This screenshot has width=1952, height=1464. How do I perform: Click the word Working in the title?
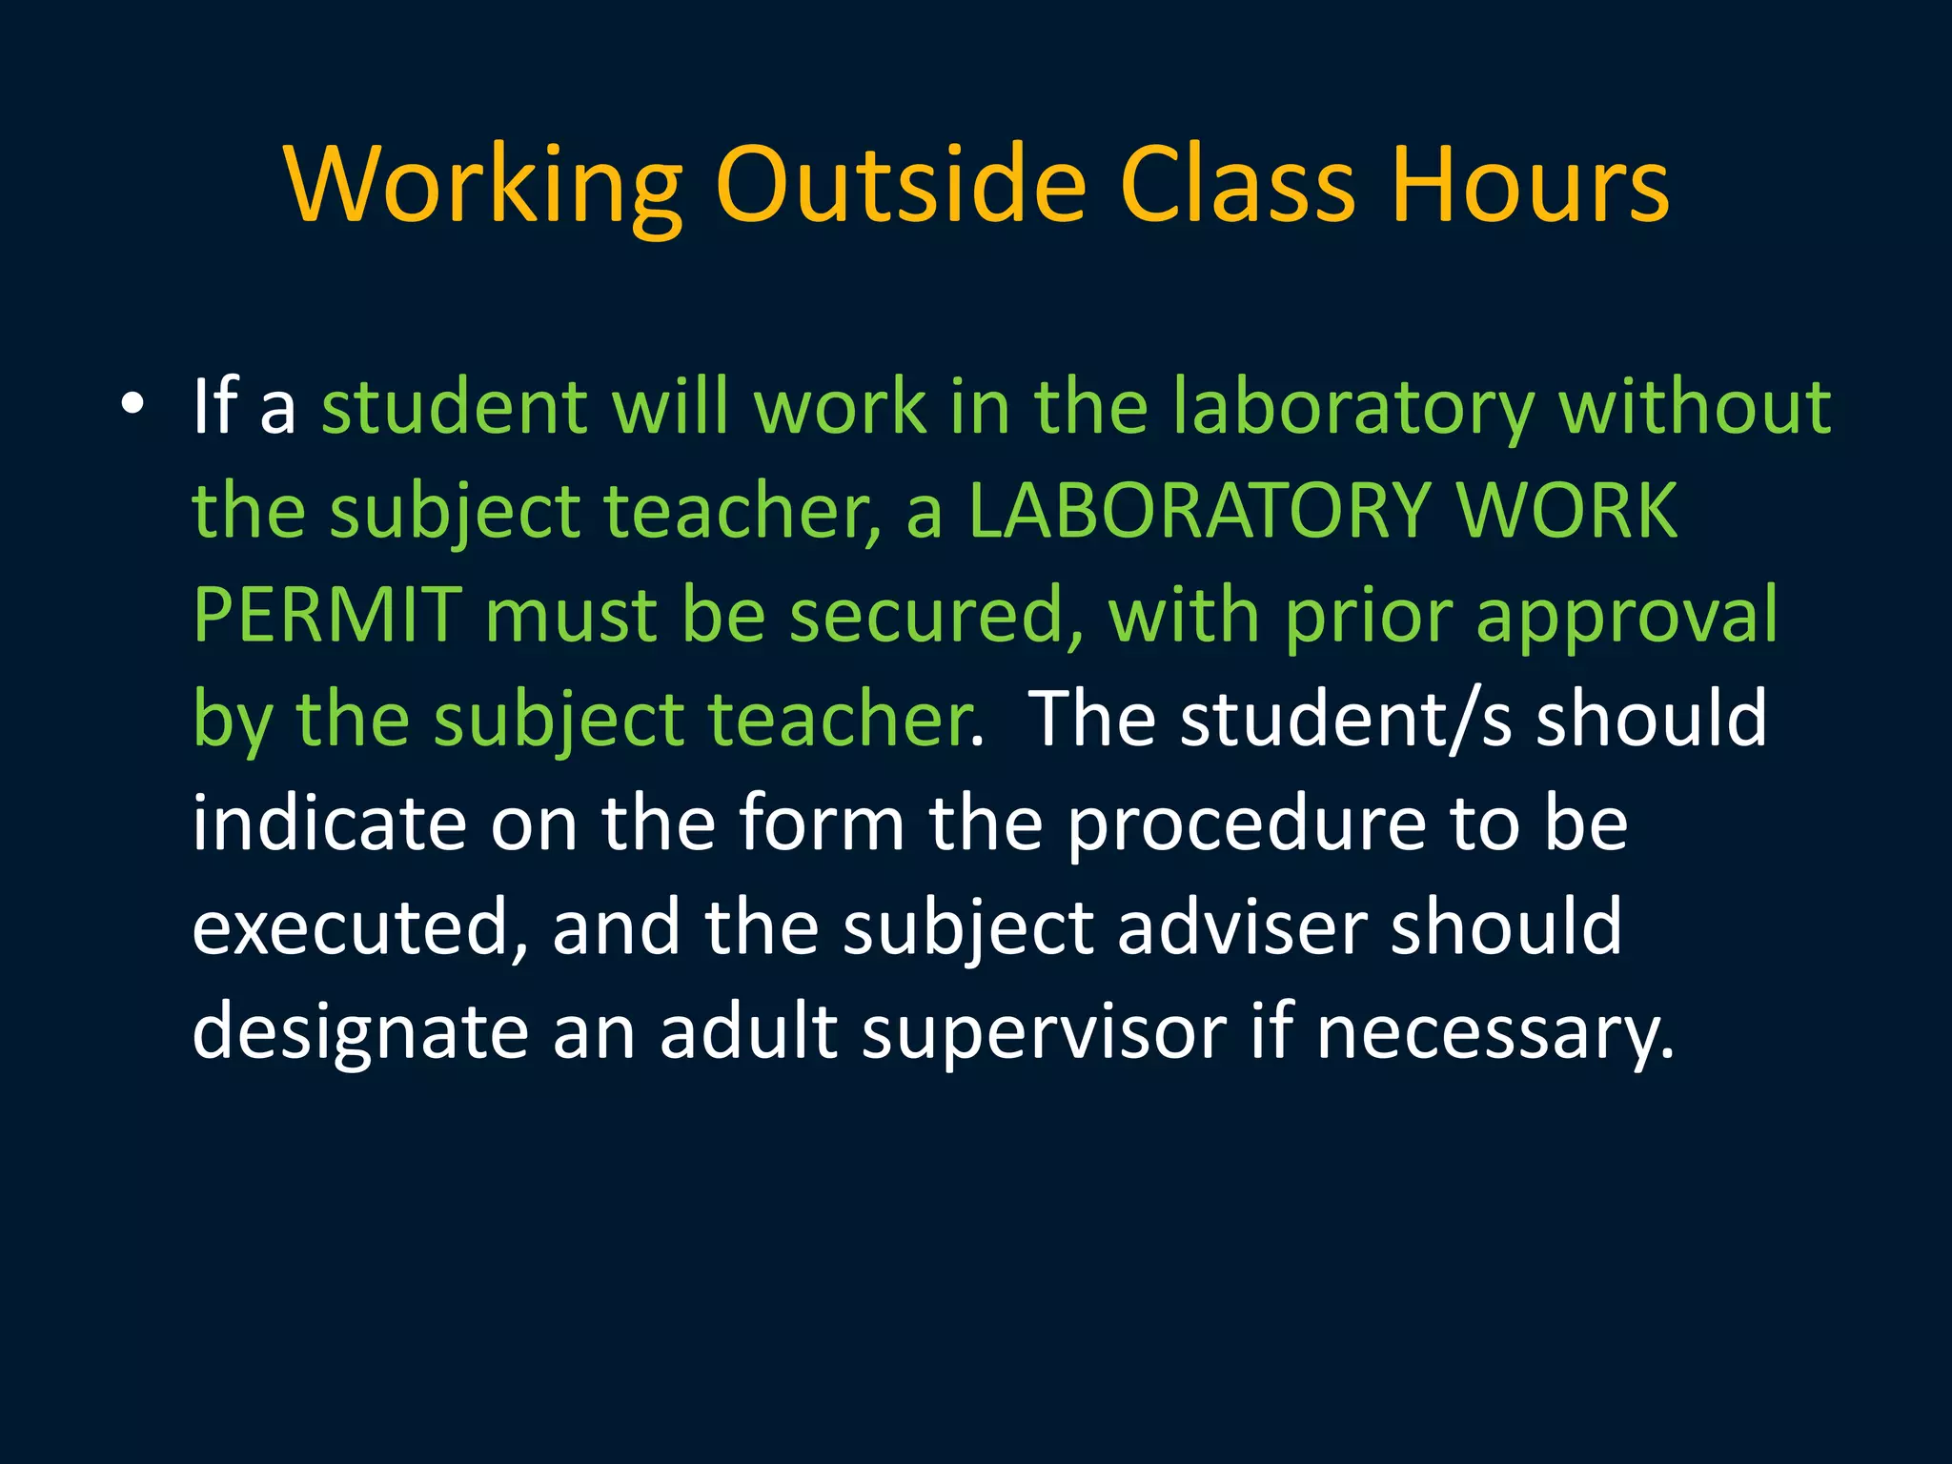tap(483, 185)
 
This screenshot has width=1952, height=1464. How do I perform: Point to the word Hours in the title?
tap(1529, 185)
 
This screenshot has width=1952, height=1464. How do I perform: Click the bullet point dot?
tap(132, 406)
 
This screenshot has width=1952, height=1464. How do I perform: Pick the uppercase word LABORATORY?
tap(1199, 510)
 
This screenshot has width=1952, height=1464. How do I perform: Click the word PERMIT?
tap(327, 615)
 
